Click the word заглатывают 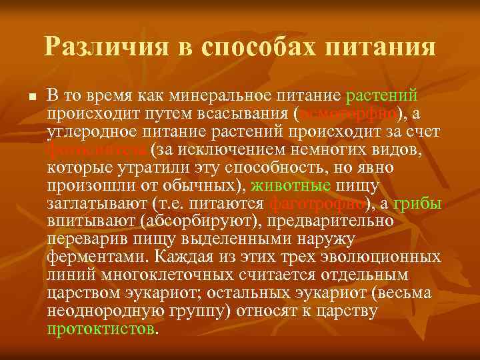click(90, 203)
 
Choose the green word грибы click(417, 203)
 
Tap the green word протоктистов click(101, 329)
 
